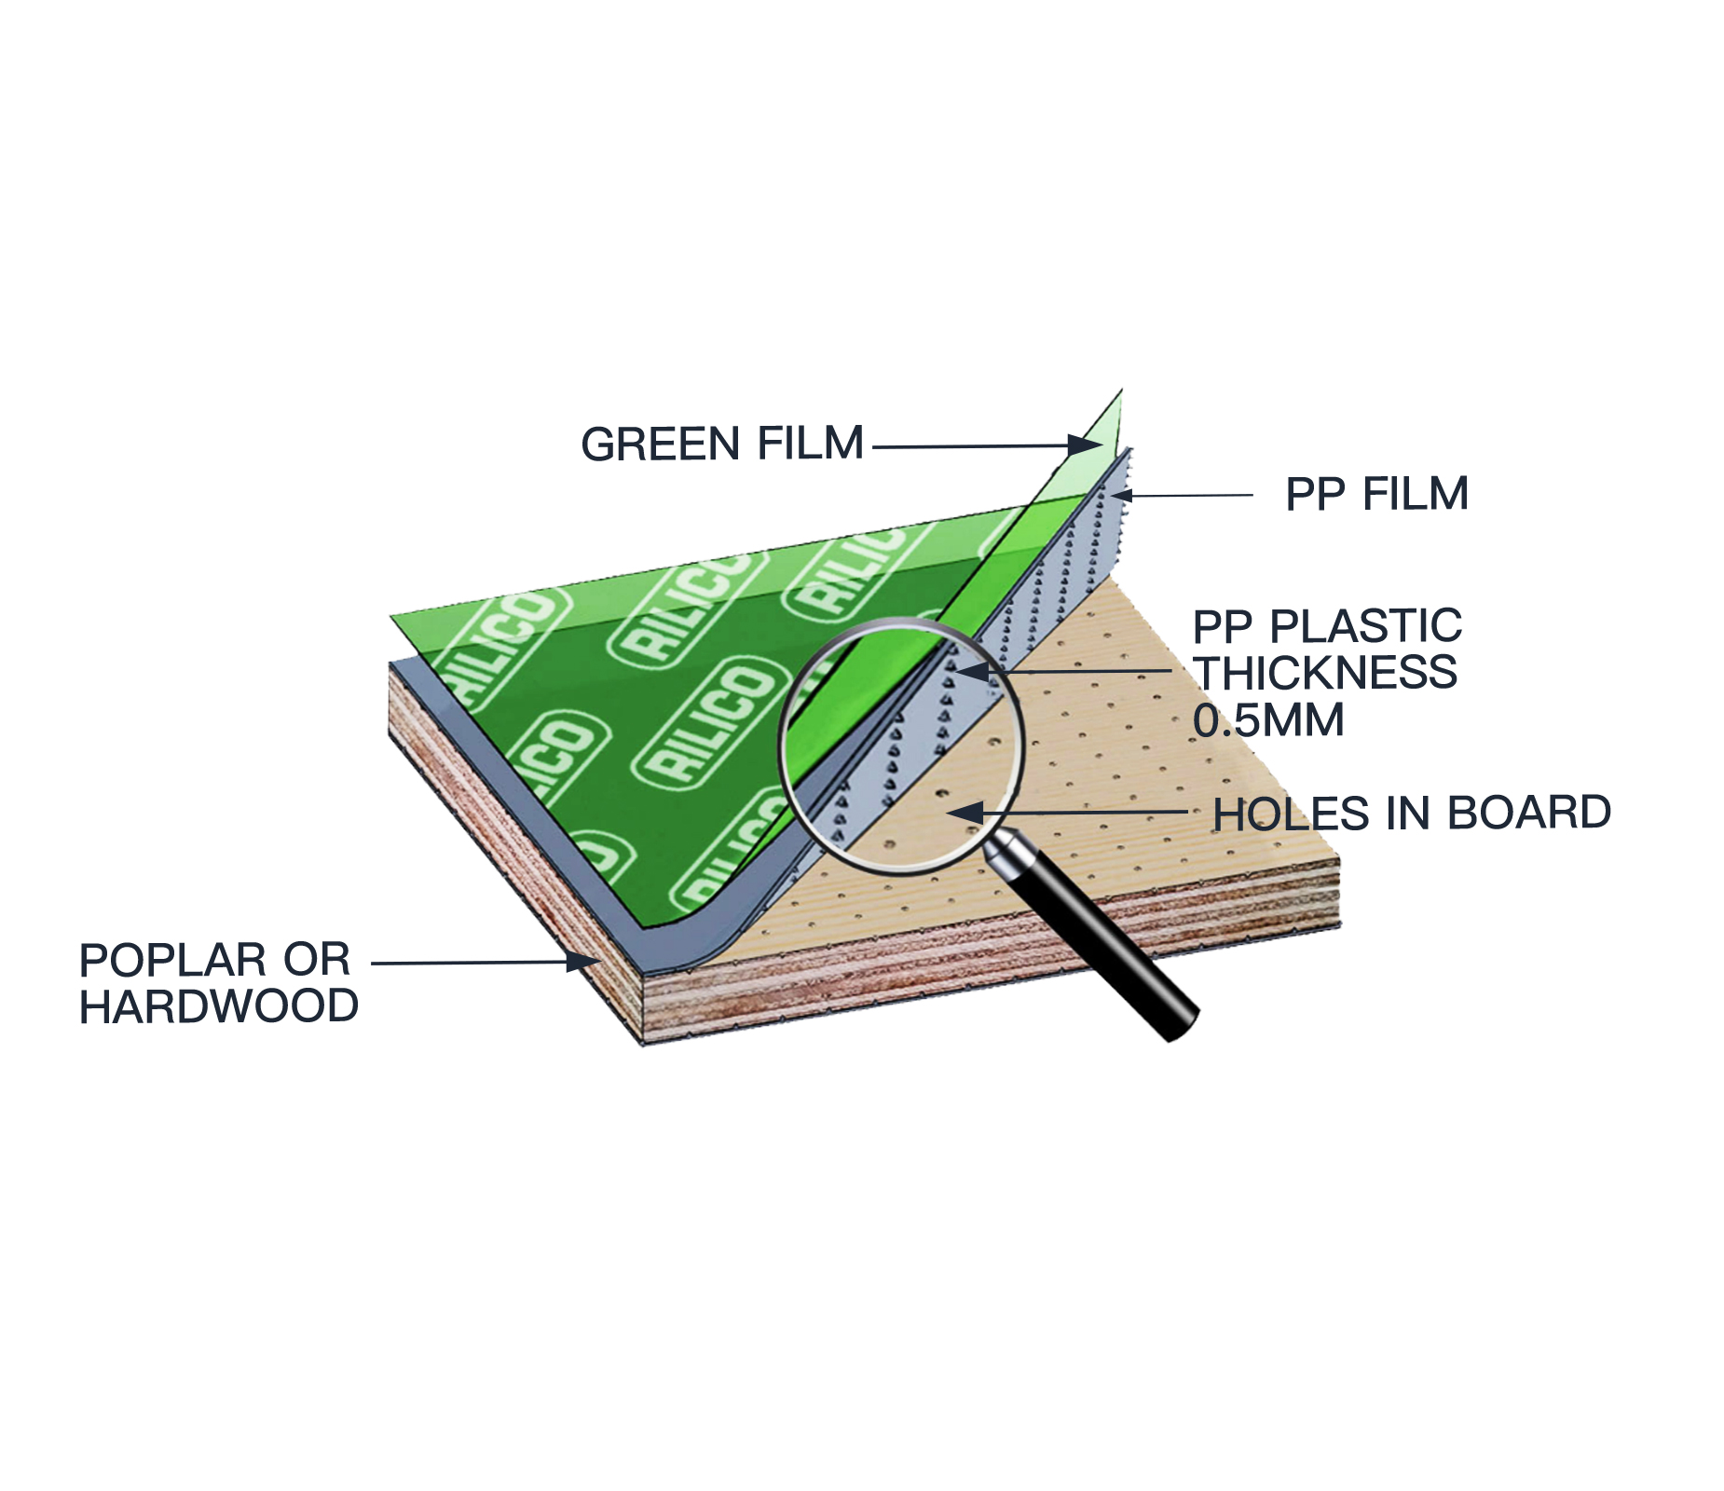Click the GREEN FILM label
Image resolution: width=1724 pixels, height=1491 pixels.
click(722, 444)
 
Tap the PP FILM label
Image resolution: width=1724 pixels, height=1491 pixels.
click(1376, 494)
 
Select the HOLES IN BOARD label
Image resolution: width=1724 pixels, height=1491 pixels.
click(1412, 814)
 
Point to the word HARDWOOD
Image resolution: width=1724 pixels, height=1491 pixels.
click(219, 1006)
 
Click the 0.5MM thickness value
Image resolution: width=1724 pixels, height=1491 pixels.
click(1268, 720)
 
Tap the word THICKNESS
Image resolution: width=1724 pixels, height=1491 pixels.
click(1326, 673)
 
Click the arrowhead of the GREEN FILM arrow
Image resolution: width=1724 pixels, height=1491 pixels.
click(1086, 445)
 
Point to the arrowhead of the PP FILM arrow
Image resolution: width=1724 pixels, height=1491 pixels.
click(1121, 495)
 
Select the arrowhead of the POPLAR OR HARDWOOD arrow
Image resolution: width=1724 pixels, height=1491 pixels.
click(583, 962)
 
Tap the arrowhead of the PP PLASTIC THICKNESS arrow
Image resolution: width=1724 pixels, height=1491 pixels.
click(972, 671)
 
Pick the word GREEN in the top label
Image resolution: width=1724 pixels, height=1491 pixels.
click(663, 444)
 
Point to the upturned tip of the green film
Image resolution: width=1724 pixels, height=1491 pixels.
click(1121, 391)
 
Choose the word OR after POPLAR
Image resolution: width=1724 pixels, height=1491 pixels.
click(317, 960)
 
